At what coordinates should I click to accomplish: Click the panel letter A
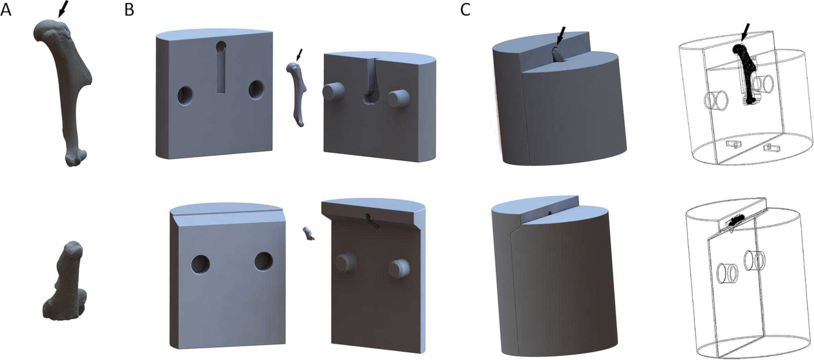6,9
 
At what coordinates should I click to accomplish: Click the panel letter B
129,9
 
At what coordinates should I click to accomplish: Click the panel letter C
465,9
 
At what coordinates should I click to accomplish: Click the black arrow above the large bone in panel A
63,9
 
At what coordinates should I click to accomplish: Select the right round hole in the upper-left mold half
256,90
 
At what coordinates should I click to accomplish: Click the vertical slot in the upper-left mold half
221,67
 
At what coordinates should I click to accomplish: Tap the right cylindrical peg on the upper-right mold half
398,99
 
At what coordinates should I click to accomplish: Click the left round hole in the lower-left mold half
200,264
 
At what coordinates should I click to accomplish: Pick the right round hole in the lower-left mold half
264,261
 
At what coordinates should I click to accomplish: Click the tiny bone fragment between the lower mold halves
309,234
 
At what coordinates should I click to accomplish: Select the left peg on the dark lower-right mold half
345,262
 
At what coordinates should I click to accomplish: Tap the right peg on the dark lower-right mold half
399,268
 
